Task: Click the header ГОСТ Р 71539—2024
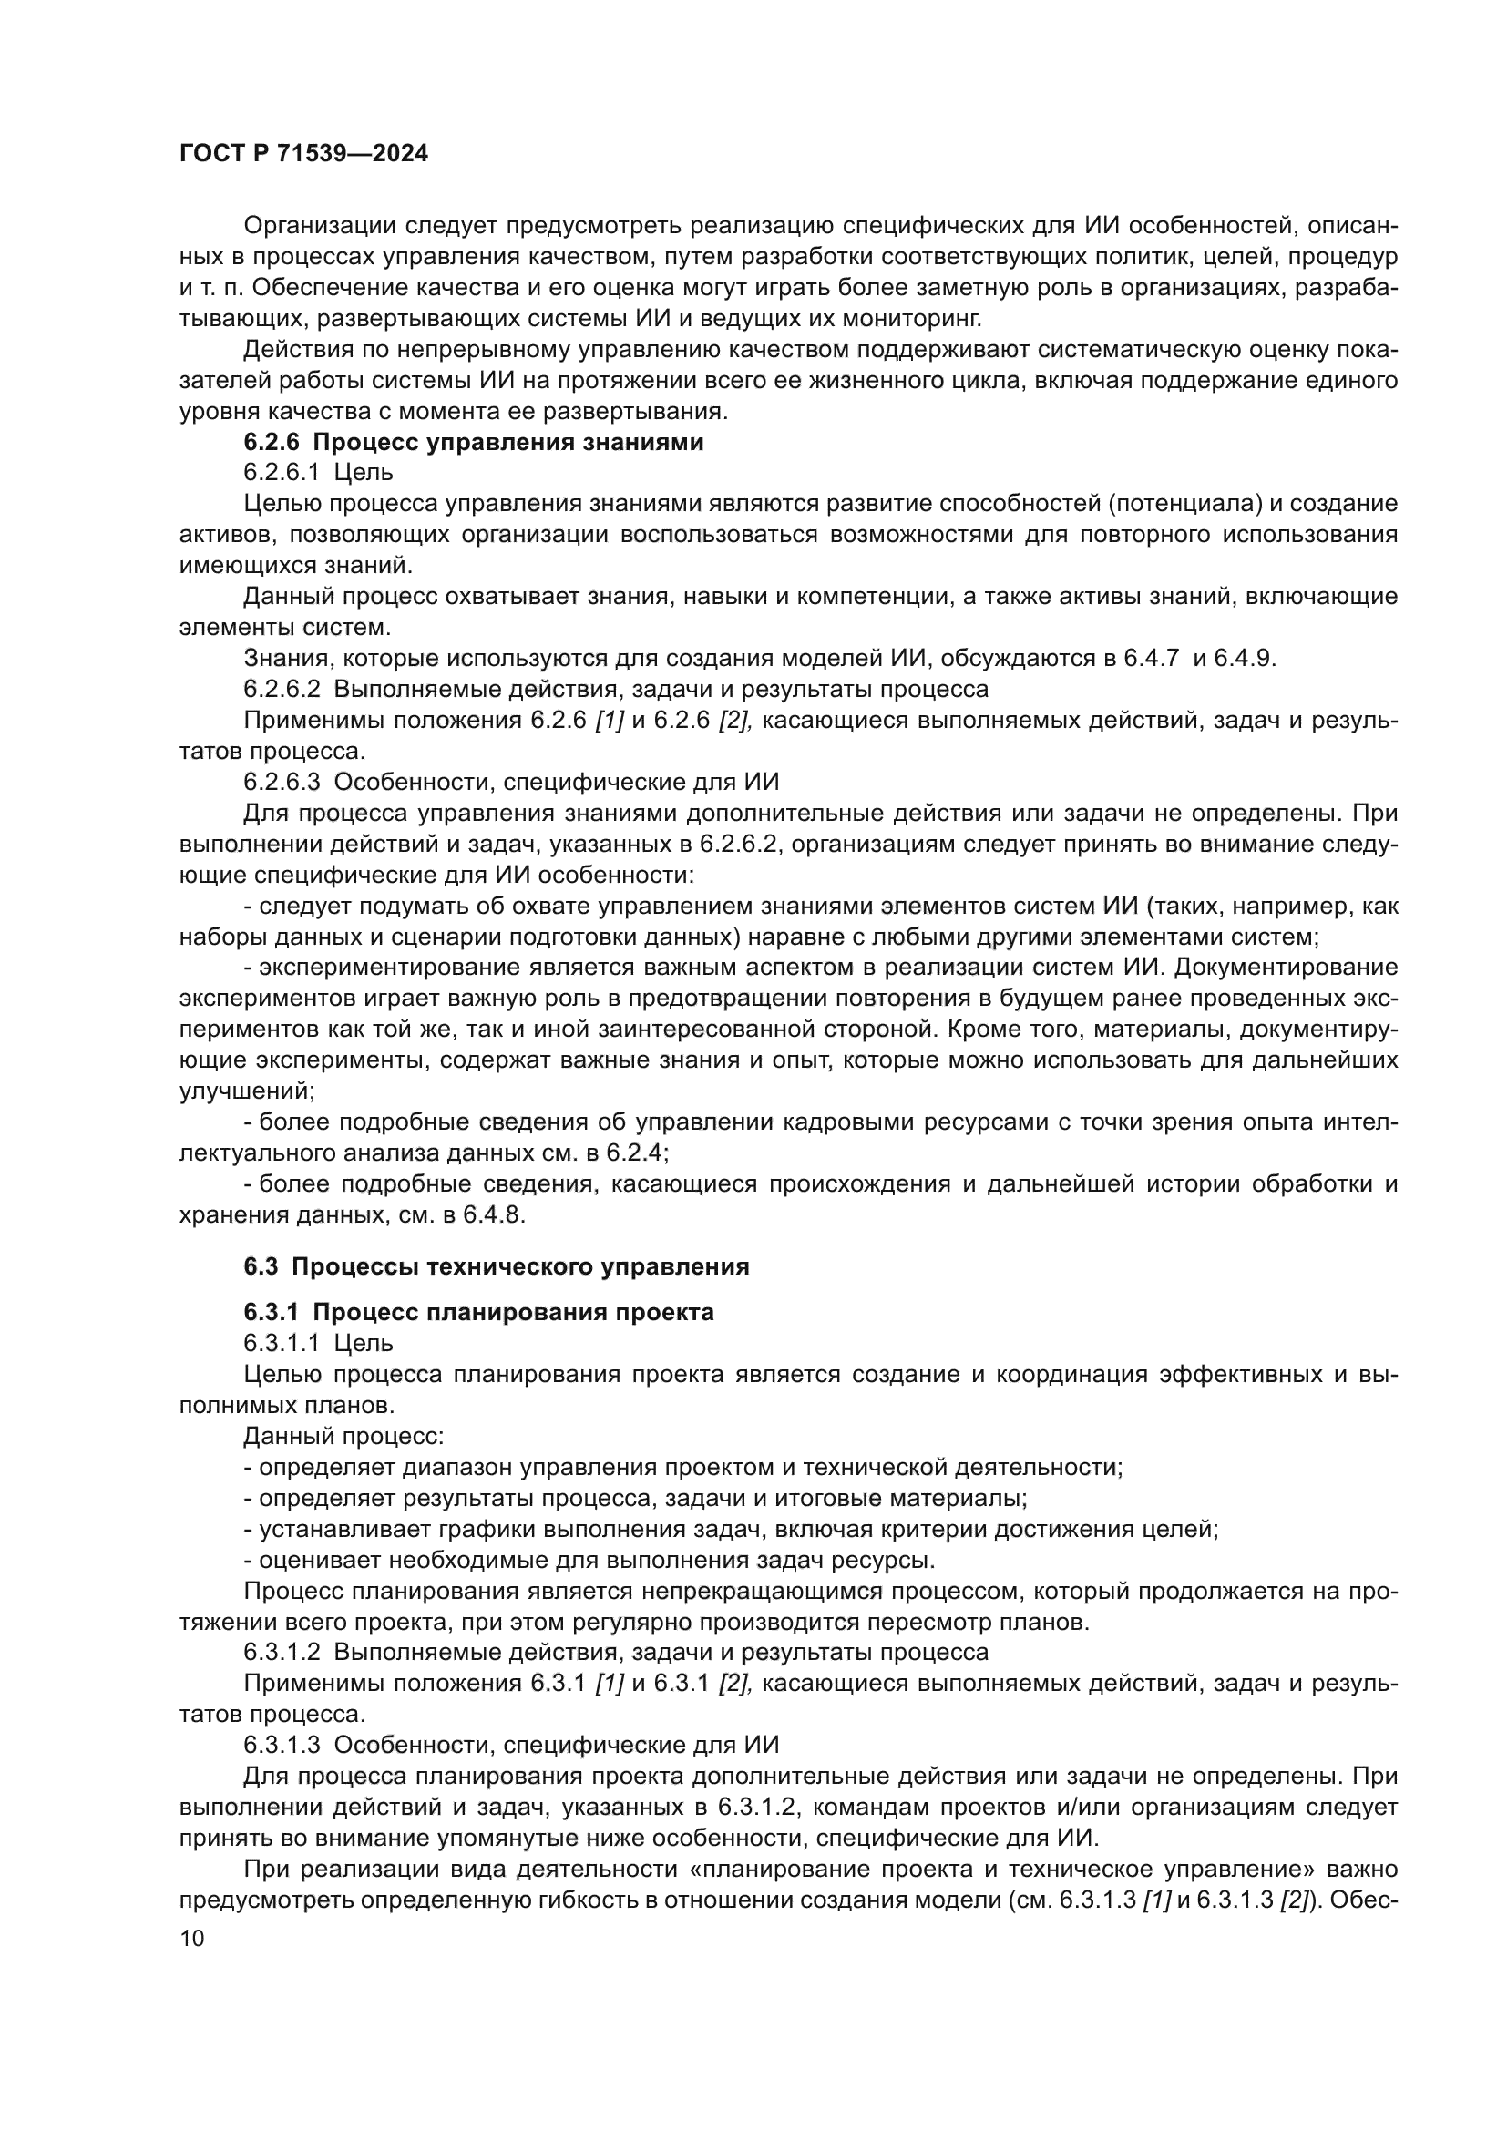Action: (303, 154)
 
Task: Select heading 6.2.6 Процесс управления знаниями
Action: (473, 443)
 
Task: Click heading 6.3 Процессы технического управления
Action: (497, 1267)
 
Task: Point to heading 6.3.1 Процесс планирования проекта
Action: (479, 1312)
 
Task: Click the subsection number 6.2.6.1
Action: (282, 473)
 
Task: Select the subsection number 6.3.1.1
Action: (282, 1343)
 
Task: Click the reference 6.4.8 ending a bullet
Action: (496, 1215)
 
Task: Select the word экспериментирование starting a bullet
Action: (391, 968)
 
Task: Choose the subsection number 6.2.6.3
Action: (282, 782)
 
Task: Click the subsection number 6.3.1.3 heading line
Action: (282, 1745)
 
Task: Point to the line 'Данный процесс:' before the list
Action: (343, 1437)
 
